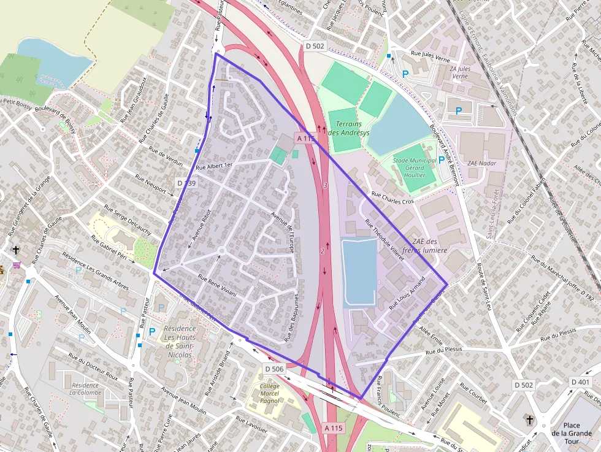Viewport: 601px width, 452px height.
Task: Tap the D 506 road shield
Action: tap(275, 369)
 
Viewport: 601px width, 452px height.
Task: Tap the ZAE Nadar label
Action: tap(481, 163)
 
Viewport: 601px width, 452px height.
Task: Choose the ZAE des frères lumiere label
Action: tap(430, 246)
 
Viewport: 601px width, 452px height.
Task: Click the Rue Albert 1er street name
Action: tap(215, 167)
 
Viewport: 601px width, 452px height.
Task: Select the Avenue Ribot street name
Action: tap(201, 228)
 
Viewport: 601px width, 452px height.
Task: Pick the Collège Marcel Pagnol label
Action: tap(269, 394)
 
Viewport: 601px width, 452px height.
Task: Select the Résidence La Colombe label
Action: tap(85, 389)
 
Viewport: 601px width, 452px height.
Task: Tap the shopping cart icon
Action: tap(17, 265)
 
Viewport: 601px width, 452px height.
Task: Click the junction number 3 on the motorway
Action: tap(326, 185)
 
